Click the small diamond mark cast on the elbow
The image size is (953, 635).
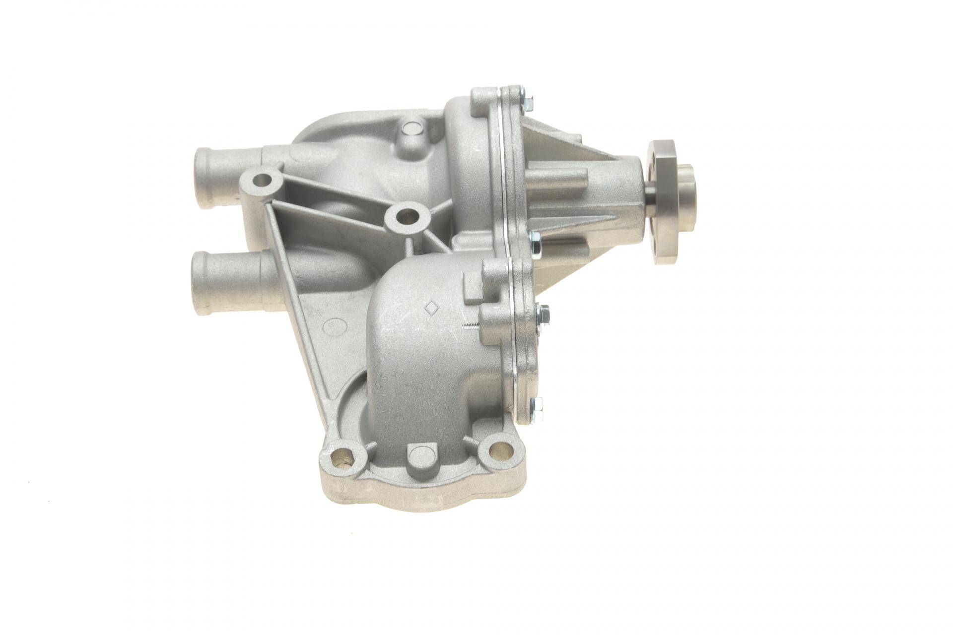click(x=430, y=307)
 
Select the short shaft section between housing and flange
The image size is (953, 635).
click(x=650, y=194)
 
